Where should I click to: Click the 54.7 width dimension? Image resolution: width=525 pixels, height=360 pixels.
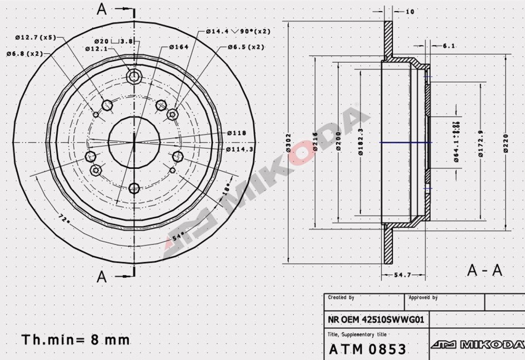(x=403, y=275)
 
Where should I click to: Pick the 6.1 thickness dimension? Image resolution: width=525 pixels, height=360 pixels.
(x=449, y=46)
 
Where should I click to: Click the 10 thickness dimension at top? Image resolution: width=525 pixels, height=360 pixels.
(x=410, y=11)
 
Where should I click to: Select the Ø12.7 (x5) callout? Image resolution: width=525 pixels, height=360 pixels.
(x=36, y=37)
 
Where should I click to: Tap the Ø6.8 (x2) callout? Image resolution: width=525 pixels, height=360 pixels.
(x=24, y=54)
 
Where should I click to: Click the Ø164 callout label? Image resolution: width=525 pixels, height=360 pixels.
(x=179, y=47)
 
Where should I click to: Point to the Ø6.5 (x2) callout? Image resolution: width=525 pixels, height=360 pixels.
(x=246, y=47)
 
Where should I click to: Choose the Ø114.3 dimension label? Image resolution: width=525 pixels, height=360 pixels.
(x=240, y=149)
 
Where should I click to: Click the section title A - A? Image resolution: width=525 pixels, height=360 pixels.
(x=484, y=271)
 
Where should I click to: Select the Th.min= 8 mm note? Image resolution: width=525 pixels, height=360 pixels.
(x=76, y=339)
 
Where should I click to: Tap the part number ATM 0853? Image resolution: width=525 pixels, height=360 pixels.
(x=367, y=349)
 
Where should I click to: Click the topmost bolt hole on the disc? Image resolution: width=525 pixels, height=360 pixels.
(x=134, y=76)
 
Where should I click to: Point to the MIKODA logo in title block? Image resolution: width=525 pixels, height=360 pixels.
(x=477, y=344)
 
